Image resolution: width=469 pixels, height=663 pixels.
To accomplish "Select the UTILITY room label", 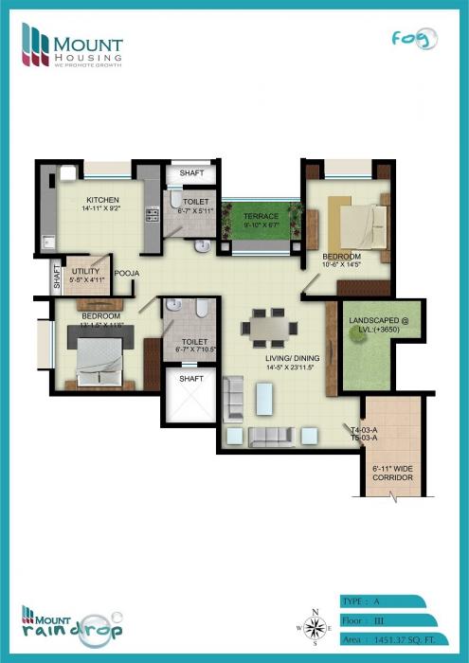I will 86,276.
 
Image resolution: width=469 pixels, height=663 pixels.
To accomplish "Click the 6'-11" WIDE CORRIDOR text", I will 391,474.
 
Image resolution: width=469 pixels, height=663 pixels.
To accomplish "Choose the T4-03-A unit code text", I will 365,428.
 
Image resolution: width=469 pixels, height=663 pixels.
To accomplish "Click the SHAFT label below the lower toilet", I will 191,379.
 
